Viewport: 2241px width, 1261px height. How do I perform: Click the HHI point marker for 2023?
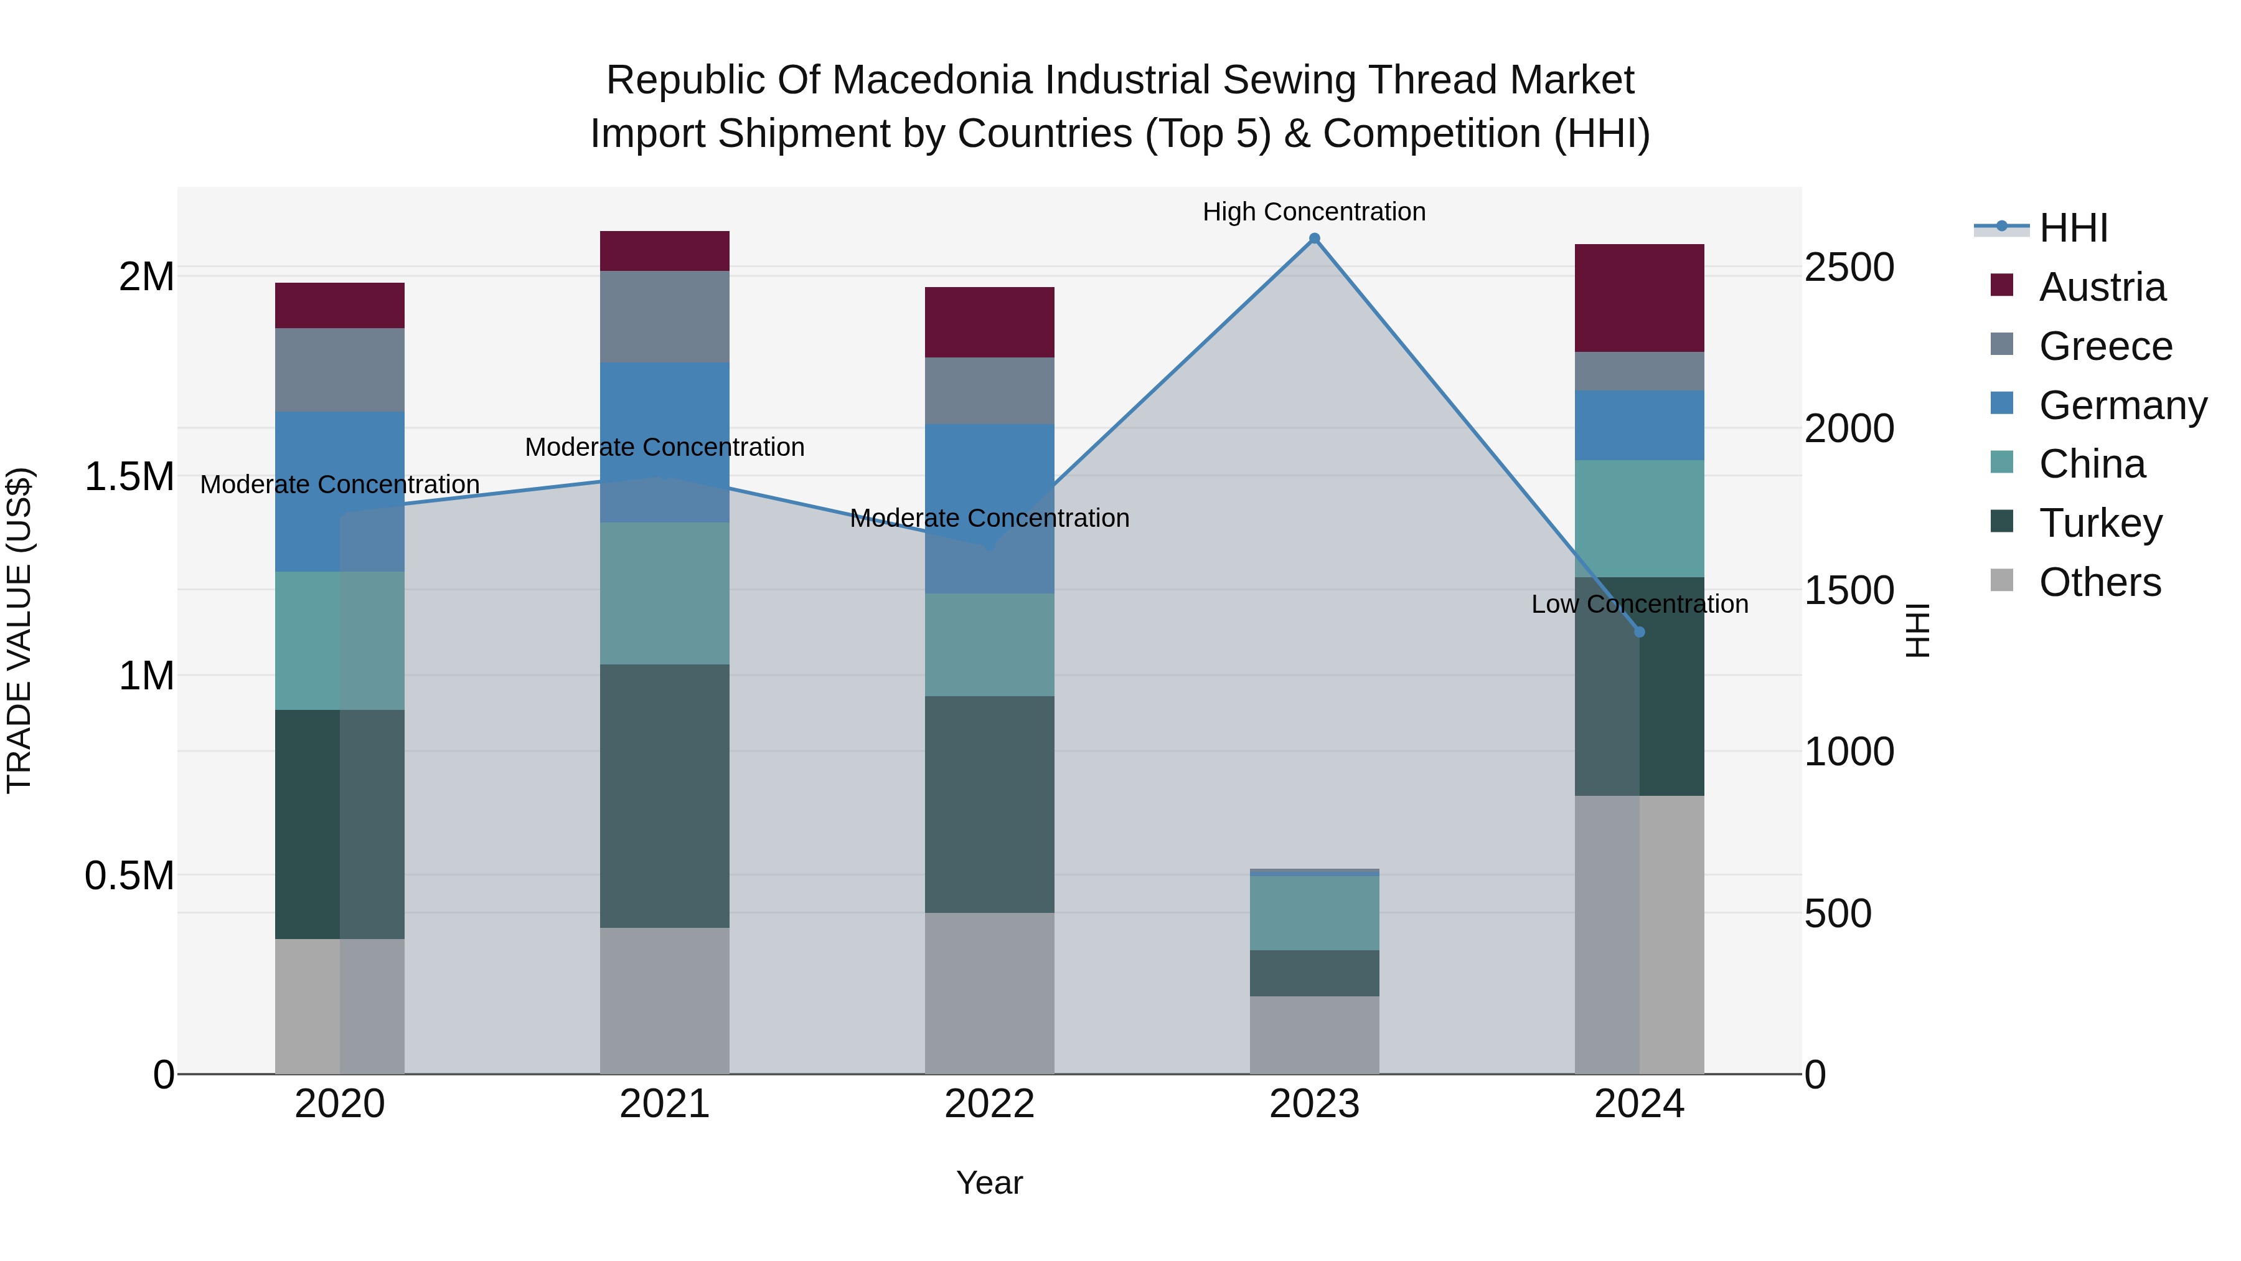tap(1315, 239)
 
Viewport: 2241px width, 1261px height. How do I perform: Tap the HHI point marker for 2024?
tap(1639, 632)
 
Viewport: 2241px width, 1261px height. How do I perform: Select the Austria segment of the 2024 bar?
tap(1639, 298)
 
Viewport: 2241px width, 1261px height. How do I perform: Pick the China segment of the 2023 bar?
tap(1315, 912)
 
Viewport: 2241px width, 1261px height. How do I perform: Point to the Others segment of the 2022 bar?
tap(989, 993)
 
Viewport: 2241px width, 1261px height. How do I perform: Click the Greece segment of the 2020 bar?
tap(339, 369)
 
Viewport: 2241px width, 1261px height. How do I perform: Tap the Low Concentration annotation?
tap(1639, 604)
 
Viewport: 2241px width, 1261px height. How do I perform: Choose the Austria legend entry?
tap(2102, 287)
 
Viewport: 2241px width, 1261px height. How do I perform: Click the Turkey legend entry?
tap(2100, 523)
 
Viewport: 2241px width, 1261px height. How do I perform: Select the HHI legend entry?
tap(2073, 228)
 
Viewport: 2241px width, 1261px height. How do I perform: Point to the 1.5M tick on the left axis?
tap(129, 477)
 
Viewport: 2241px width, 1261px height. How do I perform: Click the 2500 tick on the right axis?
tap(1849, 267)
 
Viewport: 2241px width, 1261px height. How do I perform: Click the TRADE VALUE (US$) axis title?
tap(19, 630)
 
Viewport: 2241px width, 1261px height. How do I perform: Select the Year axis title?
tap(989, 1183)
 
